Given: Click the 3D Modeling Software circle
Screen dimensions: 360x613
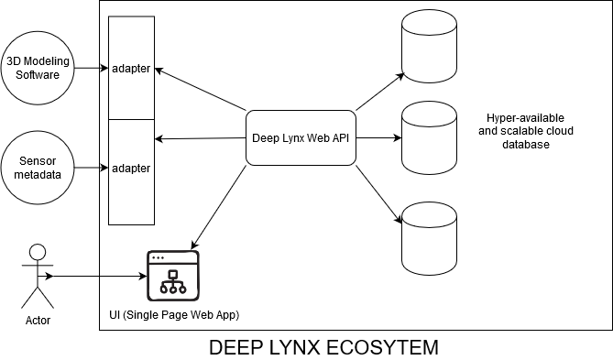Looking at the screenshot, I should point(39,68).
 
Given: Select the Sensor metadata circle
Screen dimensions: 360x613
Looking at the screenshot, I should point(39,168).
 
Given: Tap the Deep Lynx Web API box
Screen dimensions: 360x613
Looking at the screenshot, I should point(301,138).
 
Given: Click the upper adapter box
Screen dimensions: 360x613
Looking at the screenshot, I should point(131,69).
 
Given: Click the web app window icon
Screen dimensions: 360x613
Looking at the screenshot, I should point(172,274).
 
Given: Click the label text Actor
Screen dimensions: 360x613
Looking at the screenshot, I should point(38,321).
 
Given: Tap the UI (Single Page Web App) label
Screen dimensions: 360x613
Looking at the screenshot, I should point(174,315).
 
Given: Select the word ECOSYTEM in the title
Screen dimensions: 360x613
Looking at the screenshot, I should point(376,347).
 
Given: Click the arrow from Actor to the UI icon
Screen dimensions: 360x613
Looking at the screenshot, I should point(96,275).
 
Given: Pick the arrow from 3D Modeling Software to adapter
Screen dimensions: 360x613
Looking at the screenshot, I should point(91,68).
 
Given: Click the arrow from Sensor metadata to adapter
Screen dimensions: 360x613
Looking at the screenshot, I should point(91,168).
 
